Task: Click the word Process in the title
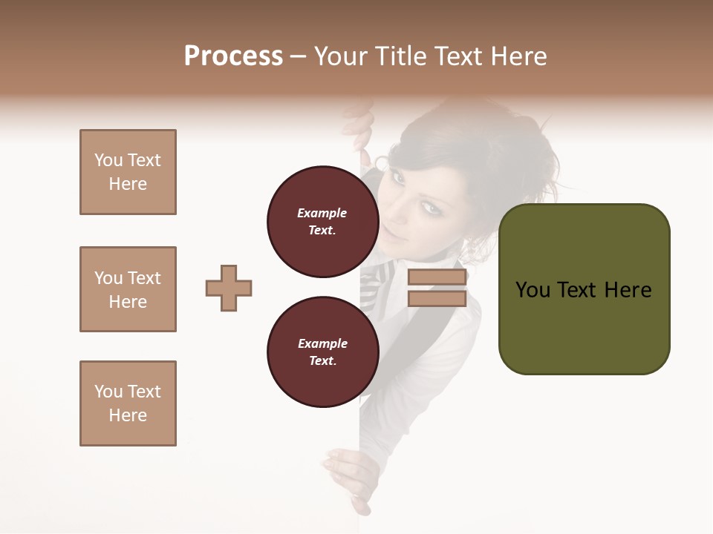(x=233, y=56)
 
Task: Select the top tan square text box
(x=128, y=172)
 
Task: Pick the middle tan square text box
(x=128, y=289)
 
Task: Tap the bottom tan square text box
(x=128, y=403)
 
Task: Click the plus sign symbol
(x=229, y=288)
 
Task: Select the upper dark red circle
(x=322, y=221)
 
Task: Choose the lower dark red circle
(x=322, y=352)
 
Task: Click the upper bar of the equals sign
(x=437, y=277)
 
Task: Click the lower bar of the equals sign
(x=437, y=299)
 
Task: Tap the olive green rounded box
(x=584, y=289)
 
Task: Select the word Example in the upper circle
(x=322, y=213)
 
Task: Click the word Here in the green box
(x=628, y=289)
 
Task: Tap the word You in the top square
(x=107, y=160)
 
